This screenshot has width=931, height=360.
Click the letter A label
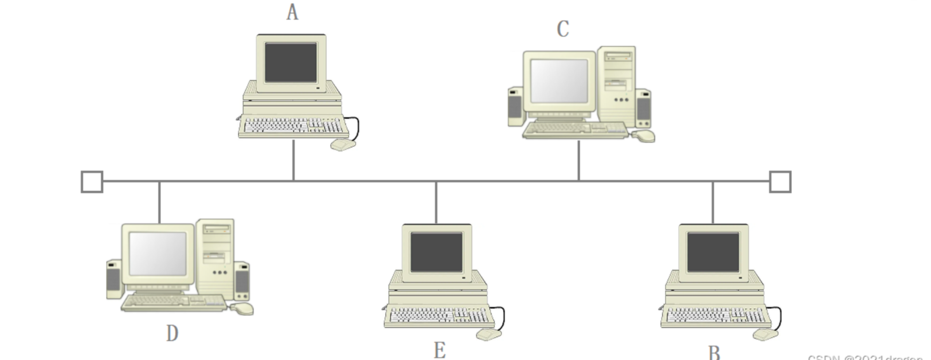292,13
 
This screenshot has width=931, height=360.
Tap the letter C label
563,29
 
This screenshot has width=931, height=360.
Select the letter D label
172,333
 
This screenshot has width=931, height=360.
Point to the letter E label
439,350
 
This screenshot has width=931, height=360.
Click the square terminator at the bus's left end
92,181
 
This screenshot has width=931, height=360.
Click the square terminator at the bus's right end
781,181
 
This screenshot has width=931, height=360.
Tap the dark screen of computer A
291,62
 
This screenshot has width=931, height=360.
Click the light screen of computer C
559,81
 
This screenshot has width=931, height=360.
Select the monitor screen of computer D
158,253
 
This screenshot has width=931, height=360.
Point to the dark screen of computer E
436,251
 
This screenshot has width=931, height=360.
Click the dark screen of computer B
713,251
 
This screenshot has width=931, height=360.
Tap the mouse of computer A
343,144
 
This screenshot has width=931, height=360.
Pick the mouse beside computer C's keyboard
645,135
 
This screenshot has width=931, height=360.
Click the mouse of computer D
243,308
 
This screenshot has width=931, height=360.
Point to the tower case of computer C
617,85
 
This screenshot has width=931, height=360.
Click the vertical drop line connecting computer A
294,160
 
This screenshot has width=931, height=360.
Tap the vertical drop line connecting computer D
159,202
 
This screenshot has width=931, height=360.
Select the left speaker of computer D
114,279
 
